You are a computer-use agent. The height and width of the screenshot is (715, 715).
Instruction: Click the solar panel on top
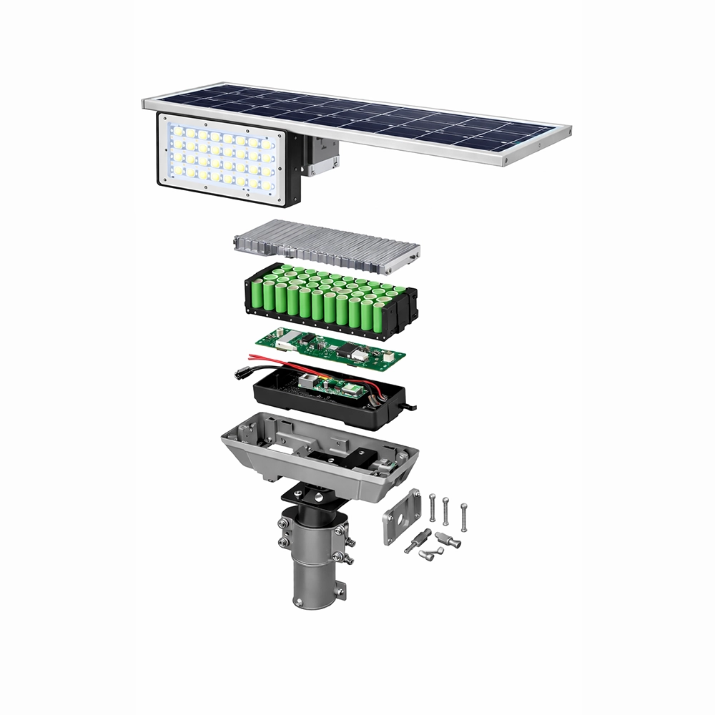[x=400, y=122]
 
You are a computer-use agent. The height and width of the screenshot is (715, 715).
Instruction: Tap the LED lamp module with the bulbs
[x=222, y=159]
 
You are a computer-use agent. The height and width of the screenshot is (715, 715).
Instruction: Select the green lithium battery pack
[x=329, y=300]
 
